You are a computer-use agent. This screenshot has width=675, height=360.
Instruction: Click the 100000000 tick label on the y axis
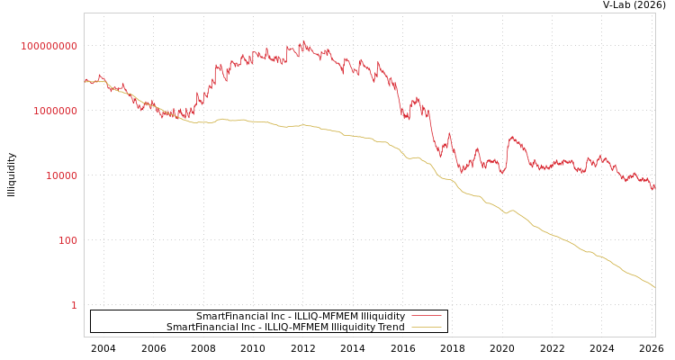49,46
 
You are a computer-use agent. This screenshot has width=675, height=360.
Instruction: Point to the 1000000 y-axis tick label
56,111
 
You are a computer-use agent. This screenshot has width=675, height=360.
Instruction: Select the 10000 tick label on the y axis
62,175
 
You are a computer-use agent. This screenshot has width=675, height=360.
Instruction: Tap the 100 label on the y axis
68,240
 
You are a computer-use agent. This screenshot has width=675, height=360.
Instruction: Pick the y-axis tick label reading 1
74,305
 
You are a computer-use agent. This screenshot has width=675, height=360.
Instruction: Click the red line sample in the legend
426,316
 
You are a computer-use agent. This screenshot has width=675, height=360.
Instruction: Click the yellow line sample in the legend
426,327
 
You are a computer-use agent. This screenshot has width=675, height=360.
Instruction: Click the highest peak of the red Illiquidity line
302,41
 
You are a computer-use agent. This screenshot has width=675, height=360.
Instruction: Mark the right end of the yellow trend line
654,287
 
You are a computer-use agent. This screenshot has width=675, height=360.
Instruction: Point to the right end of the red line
654,188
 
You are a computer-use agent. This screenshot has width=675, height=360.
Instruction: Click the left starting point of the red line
85,80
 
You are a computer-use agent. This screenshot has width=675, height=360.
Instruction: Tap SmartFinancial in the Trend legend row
199,328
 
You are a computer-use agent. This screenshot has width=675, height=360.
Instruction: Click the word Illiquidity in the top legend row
382,317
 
